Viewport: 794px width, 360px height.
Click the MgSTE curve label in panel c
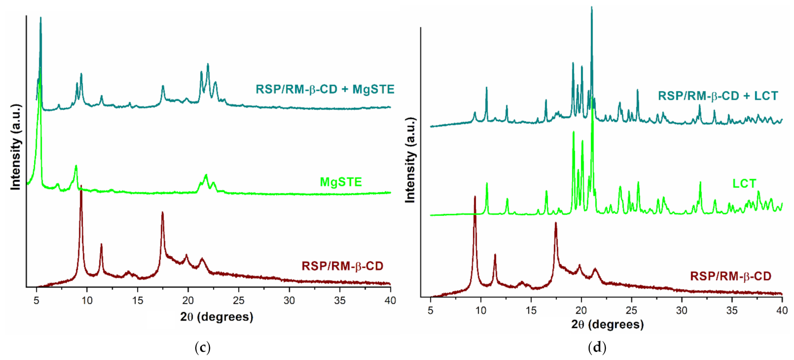pos(341,182)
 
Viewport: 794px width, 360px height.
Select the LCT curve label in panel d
pos(744,184)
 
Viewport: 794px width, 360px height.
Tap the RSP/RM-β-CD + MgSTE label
pos(325,89)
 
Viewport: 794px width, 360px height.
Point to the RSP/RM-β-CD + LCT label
pos(718,96)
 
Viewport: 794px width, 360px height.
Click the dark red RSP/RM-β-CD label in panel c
pos(342,266)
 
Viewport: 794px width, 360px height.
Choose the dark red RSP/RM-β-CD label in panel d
pos(730,276)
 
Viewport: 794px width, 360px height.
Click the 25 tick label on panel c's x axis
pos(239,300)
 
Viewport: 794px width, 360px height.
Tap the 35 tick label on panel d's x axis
pos(732,310)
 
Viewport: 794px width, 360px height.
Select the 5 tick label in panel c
pos(37,300)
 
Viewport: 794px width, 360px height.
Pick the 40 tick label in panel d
pos(782,310)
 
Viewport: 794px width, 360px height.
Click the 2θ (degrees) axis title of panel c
pos(216,317)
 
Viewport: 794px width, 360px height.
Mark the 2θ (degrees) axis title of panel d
pos(607,324)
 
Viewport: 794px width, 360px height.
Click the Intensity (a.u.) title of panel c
pos(16,147)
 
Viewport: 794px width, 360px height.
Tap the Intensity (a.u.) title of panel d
pos(410,160)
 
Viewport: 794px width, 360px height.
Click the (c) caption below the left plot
pos(202,347)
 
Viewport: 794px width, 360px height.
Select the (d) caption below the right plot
pos(597,347)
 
